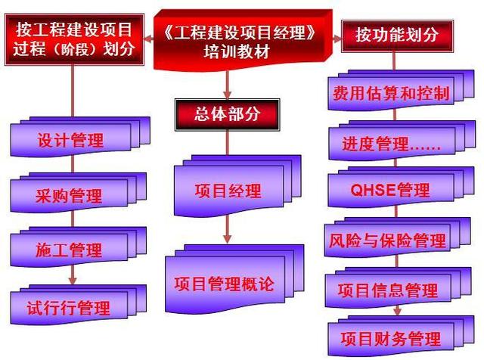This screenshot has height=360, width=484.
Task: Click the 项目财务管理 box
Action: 391,338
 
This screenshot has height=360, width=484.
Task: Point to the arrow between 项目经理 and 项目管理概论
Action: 228,234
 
